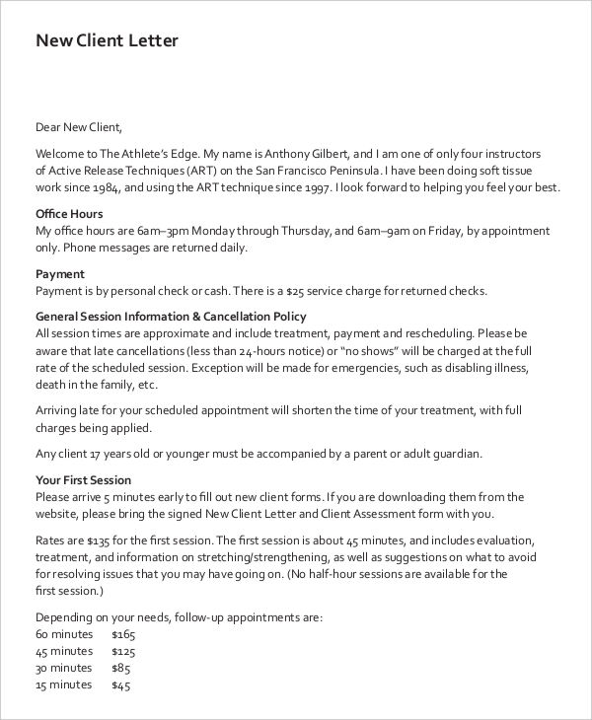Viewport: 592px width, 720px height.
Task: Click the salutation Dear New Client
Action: [x=79, y=126]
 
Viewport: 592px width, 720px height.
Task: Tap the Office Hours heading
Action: [x=69, y=213]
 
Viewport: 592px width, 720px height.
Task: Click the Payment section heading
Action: [x=60, y=273]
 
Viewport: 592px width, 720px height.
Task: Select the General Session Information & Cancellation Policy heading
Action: [x=171, y=317]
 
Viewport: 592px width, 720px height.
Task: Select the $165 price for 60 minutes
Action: [x=123, y=634]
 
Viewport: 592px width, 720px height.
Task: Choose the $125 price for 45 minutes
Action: [x=123, y=651]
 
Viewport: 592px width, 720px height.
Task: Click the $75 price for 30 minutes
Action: [x=120, y=668]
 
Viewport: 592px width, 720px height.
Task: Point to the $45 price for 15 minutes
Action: [x=120, y=684]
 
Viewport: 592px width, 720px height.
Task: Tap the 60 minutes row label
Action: [x=64, y=634]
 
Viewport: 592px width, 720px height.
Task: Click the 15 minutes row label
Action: [x=64, y=684]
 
